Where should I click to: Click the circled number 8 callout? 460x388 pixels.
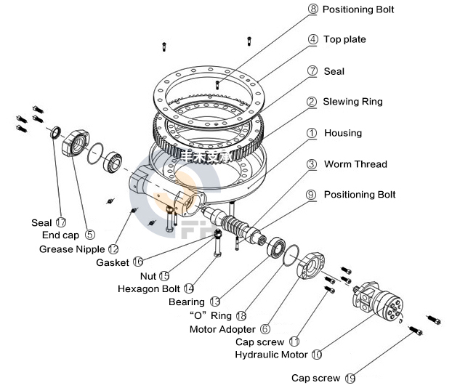313,9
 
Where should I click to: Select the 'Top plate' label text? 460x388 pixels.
344,39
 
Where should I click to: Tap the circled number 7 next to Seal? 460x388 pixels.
313,71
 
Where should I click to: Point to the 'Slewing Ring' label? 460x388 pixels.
352,102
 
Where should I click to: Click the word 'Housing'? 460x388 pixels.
342,133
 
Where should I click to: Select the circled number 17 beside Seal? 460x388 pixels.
60,222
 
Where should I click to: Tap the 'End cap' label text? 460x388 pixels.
60,235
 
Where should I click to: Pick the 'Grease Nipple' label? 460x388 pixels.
72,249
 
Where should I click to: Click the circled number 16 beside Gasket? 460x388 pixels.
138,262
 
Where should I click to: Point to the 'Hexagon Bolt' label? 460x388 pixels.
150,288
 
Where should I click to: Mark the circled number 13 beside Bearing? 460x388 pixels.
214,302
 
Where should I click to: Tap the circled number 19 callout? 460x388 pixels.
351,378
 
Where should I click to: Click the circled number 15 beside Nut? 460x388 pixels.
164,275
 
